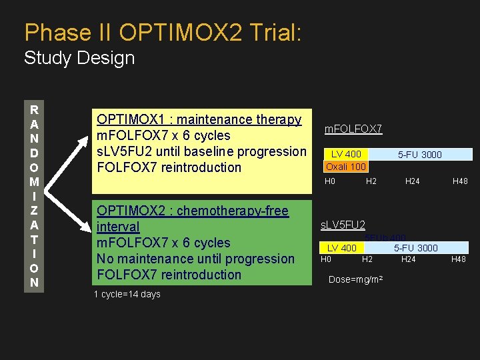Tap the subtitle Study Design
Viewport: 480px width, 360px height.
[79, 58]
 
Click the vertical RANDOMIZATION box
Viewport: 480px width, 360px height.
[34, 195]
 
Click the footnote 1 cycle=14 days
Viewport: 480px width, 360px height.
[127, 294]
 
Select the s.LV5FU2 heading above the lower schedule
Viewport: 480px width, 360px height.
[343, 225]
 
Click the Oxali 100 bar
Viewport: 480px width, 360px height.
[345, 167]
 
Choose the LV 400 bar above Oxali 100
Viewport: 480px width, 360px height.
[346, 155]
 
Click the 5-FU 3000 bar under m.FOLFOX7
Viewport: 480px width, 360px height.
[420, 155]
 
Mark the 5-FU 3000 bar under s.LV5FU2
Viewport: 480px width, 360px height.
[416, 248]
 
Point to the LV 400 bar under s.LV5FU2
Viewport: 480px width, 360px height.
[341, 248]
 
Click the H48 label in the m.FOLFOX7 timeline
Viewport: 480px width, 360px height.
[460, 181]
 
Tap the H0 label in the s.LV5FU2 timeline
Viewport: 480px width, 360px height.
[326, 259]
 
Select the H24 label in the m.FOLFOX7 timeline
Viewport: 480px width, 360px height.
[413, 181]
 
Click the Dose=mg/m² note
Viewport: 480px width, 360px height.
[355, 279]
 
